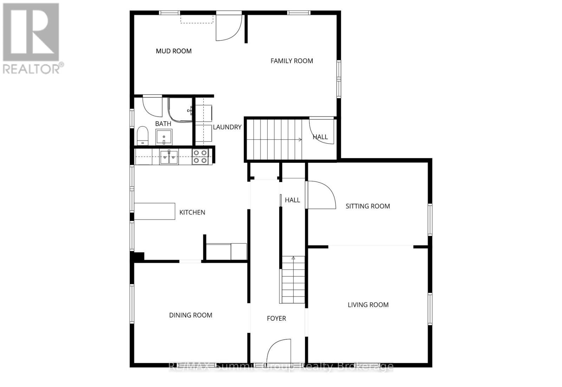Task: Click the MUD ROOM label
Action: [x=174, y=51]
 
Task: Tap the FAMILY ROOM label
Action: [x=292, y=61]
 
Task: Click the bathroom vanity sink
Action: [x=164, y=137]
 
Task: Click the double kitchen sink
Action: [x=169, y=157]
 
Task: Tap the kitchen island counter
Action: [x=155, y=211]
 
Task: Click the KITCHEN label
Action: [x=192, y=213]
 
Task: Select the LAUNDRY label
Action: [x=227, y=127]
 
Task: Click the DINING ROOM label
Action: [x=190, y=315]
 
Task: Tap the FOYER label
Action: [x=276, y=319]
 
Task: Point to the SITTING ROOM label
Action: [x=367, y=206]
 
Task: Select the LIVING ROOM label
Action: [x=368, y=305]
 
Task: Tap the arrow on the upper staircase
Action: [x=299, y=140]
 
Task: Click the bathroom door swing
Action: [x=152, y=106]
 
